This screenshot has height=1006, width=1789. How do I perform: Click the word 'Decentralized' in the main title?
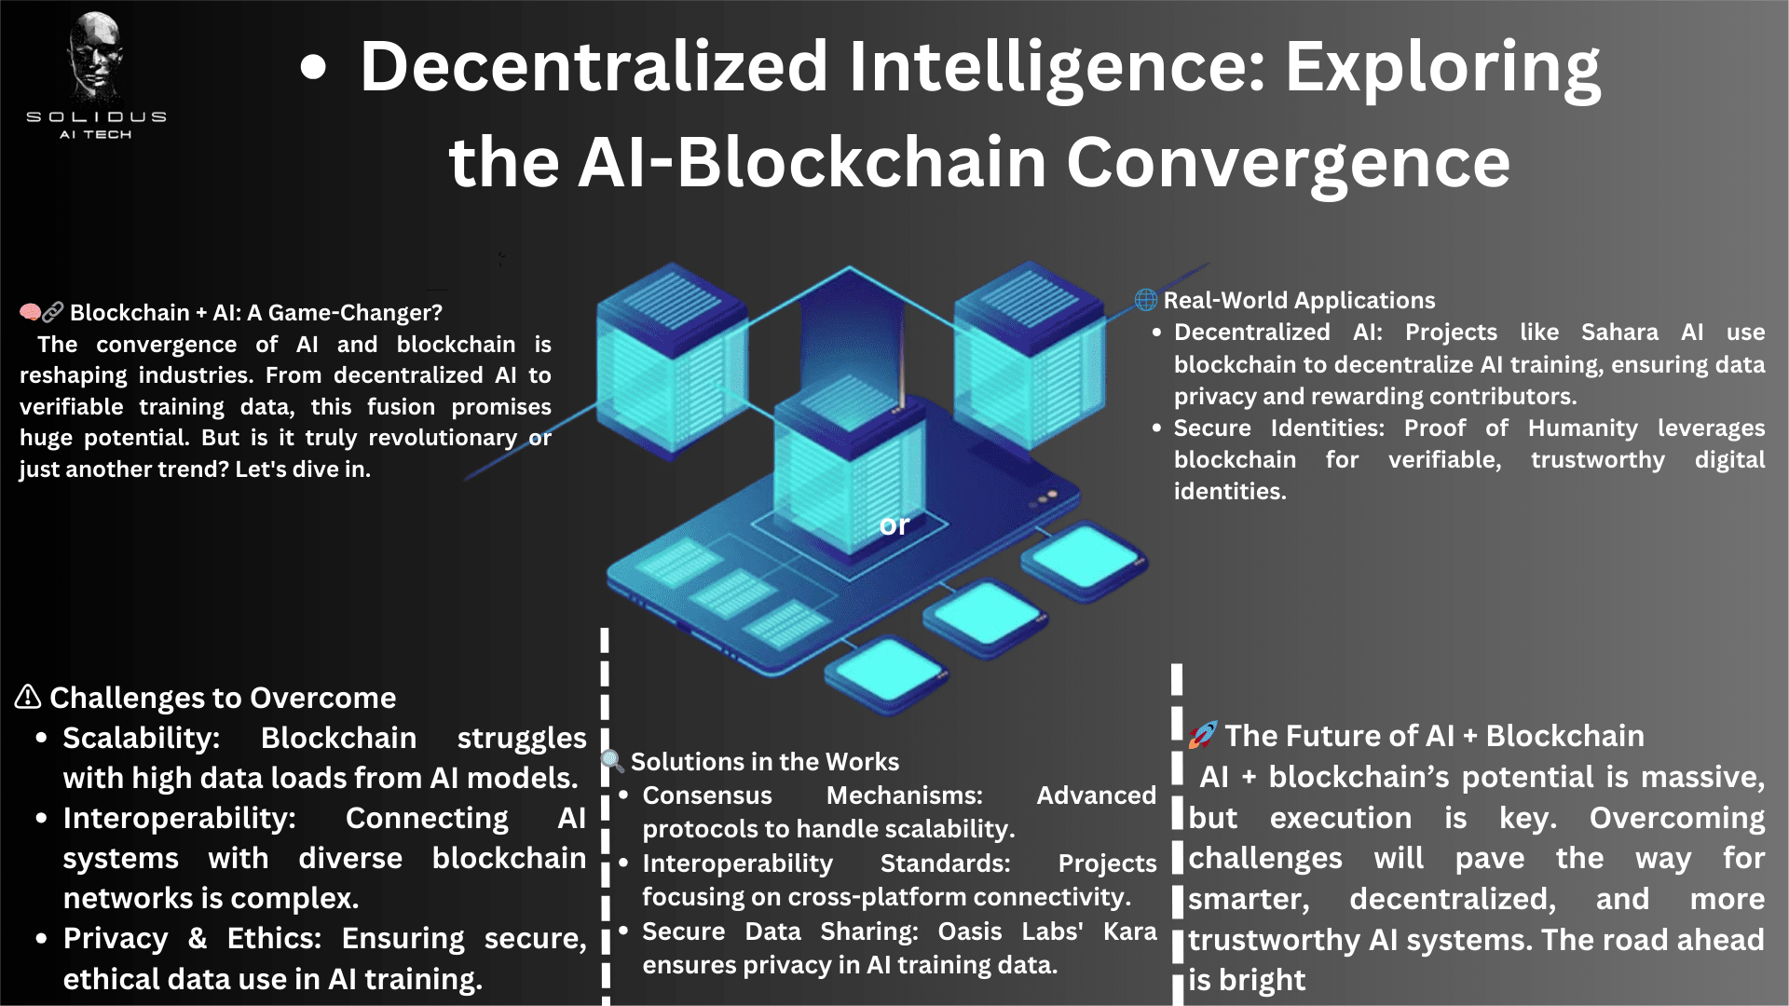click(594, 67)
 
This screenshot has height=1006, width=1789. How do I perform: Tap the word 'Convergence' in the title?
click(1288, 163)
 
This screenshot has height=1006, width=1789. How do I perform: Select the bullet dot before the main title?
click(314, 67)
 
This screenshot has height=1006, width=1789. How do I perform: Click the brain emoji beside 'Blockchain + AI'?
click(31, 312)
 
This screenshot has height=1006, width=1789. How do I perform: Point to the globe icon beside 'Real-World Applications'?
click(1145, 300)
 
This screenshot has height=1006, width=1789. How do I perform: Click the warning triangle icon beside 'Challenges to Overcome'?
click(28, 697)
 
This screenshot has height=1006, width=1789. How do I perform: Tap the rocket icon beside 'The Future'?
click(1202, 735)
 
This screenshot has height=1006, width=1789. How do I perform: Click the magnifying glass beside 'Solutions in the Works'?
click(612, 761)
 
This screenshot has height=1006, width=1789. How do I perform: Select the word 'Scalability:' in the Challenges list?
click(141, 738)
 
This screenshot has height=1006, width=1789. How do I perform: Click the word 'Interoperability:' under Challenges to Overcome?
click(179, 818)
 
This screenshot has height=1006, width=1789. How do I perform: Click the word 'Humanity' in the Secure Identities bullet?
click(1582, 428)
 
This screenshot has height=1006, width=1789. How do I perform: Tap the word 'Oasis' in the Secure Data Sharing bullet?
click(969, 931)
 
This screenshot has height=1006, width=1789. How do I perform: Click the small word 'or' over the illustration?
click(894, 525)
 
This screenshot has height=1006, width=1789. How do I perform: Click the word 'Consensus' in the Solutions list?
click(707, 795)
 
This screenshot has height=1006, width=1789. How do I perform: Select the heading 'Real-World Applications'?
click(1299, 300)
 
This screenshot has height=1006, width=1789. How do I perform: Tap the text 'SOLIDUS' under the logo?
click(96, 117)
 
